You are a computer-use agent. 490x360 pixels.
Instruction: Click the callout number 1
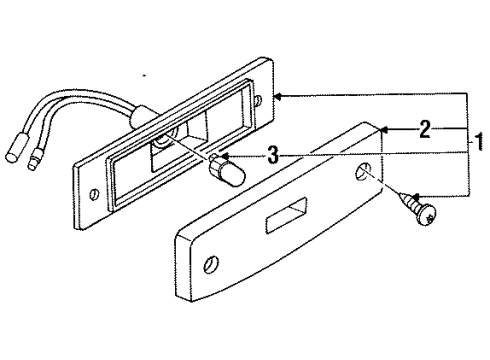point(478,142)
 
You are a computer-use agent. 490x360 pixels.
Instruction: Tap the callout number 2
point(425,128)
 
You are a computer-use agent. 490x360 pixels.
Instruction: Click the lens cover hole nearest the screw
point(361,176)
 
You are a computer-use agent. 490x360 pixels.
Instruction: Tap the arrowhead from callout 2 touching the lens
point(386,128)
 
